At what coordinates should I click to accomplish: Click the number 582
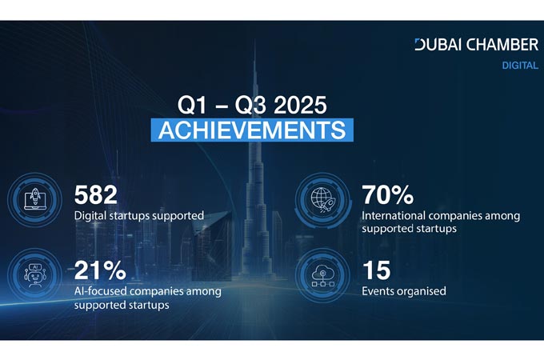point(96,195)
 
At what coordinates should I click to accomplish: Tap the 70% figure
point(387,195)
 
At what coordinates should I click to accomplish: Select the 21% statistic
point(100,270)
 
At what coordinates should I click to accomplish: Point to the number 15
point(377,270)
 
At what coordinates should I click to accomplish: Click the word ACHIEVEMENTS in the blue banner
point(252,130)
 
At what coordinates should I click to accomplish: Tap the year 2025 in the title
point(300,105)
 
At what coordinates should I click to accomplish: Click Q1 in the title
point(192,106)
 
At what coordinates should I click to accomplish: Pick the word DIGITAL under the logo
point(520,66)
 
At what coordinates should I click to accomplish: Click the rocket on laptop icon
point(34,199)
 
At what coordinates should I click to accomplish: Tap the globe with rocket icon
point(322,199)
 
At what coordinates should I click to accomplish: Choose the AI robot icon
point(34,275)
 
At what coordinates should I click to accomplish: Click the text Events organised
point(404,291)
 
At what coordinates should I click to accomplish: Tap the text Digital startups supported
point(138,216)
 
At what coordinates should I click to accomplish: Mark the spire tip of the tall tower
point(255,39)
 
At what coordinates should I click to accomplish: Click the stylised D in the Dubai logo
point(420,45)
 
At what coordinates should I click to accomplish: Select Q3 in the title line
point(250,106)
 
